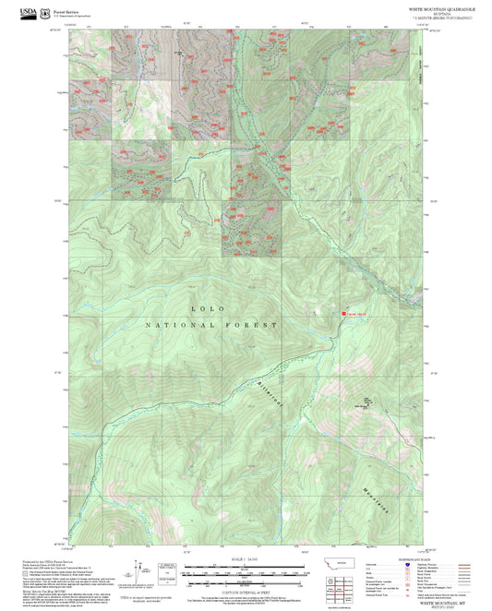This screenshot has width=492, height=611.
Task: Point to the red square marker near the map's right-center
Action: pyautogui.click(x=343, y=314)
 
